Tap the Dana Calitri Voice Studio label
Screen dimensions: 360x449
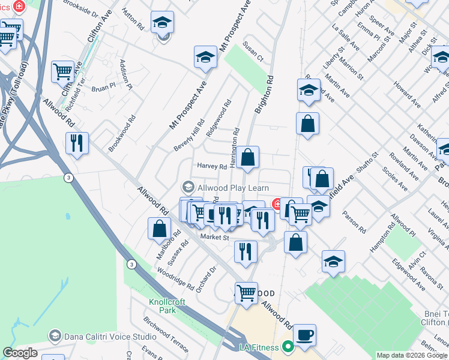tap(102, 335)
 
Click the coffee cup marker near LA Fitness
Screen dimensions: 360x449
tap(304, 335)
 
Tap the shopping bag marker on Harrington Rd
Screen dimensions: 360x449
tap(247, 158)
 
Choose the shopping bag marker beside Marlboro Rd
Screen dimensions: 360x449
tap(160, 229)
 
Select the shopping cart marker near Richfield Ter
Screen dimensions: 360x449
tap(62, 71)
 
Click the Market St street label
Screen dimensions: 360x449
tap(215, 238)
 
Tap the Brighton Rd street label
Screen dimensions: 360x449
tap(264, 94)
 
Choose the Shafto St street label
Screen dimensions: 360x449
tap(367, 163)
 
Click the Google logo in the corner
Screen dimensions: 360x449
tap(20, 353)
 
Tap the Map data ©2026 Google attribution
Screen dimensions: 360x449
tap(412, 355)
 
